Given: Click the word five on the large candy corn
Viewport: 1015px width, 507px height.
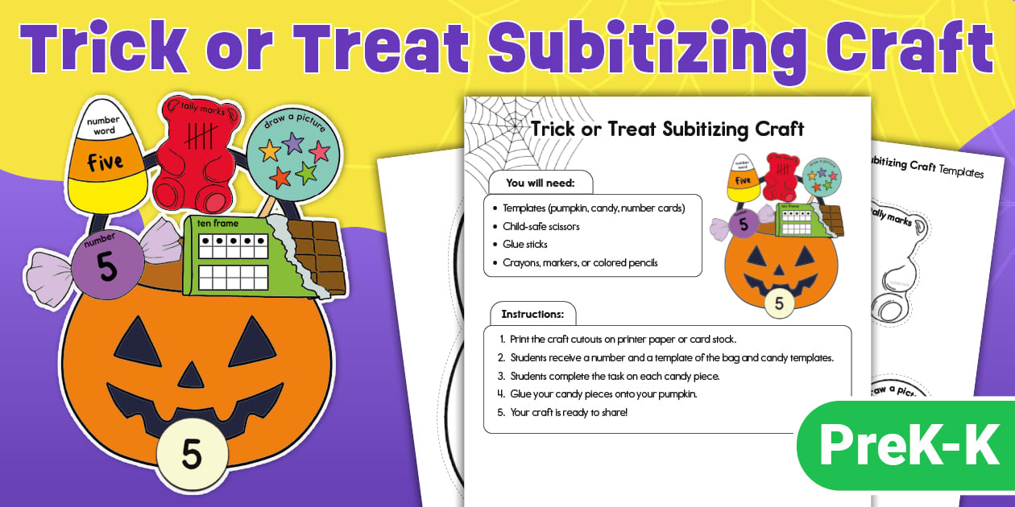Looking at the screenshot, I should tap(106, 162).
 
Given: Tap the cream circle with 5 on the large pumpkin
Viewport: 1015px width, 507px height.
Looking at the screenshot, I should tap(191, 454).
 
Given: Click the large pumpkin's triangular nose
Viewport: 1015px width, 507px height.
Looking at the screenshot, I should tap(191, 375).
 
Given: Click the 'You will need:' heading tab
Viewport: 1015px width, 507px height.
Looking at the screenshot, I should tap(539, 183).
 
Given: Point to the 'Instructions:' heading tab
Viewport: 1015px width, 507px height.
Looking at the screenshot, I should tap(532, 314).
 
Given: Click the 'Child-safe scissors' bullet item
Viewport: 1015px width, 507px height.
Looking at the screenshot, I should tap(541, 226).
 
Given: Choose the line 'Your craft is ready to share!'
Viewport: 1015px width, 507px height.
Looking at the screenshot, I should tap(568, 413).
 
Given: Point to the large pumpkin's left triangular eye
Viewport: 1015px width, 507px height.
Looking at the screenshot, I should tap(139, 343).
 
